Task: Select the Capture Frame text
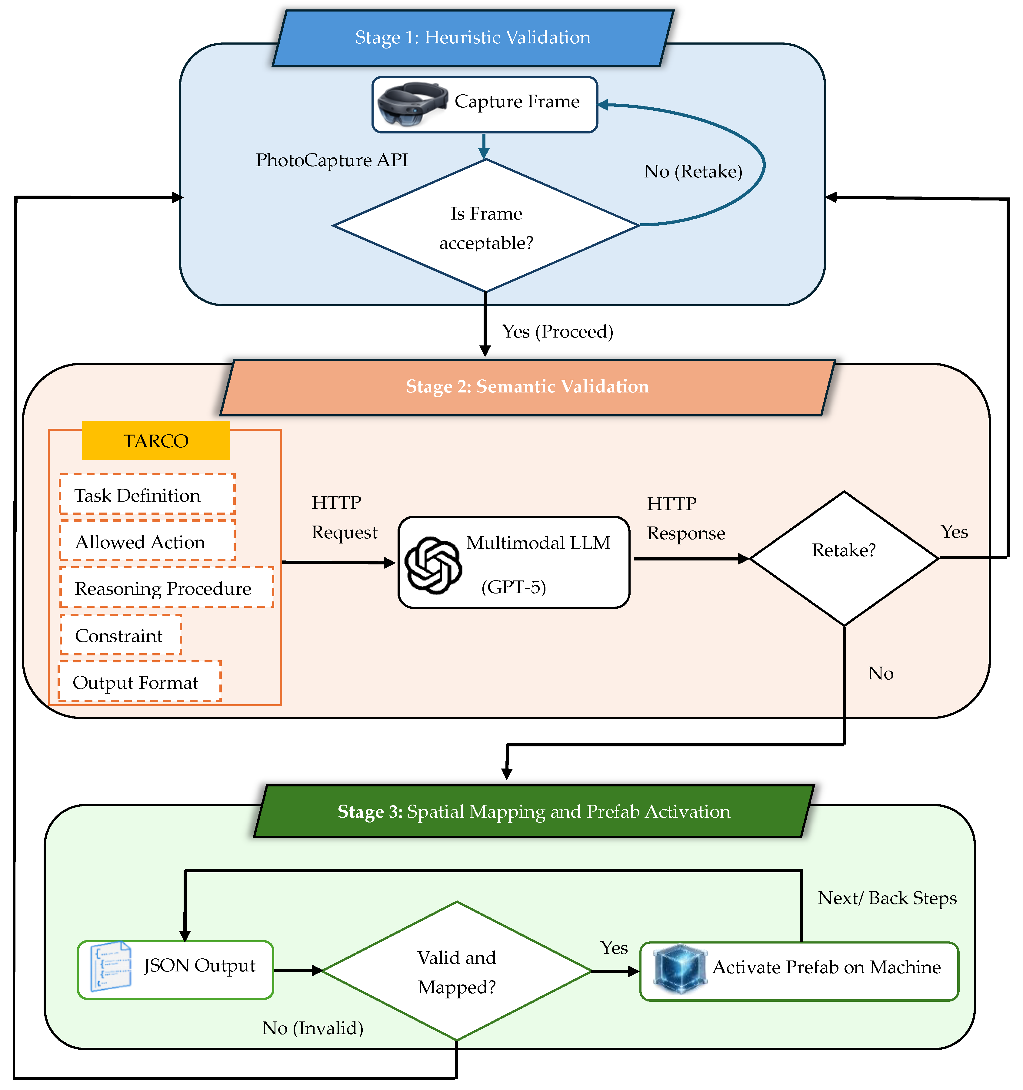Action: click(x=517, y=101)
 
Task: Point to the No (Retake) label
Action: click(x=693, y=172)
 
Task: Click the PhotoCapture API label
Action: click(x=332, y=160)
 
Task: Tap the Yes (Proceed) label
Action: click(x=557, y=332)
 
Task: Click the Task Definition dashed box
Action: click(x=147, y=495)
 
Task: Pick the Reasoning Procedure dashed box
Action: click(x=166, y=588)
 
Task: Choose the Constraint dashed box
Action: click(x=120, y=635)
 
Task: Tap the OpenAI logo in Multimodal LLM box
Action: click(x=432, y=565)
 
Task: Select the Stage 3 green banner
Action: click(x=533, y=812)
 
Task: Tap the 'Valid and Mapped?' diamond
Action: click(x=456, y=972)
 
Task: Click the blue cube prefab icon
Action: click(x=679, y=969)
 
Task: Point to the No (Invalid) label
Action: click(x=312, y=1028)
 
